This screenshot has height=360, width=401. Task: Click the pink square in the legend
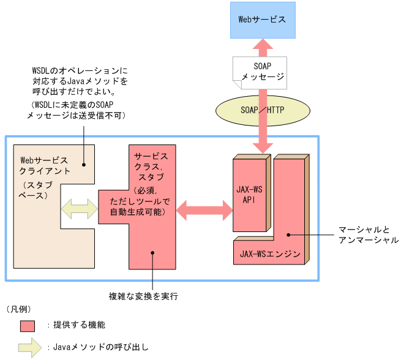point(29,325)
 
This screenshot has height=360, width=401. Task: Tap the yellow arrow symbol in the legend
point(29,347)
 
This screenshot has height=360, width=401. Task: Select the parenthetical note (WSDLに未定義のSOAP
point(77,110)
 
